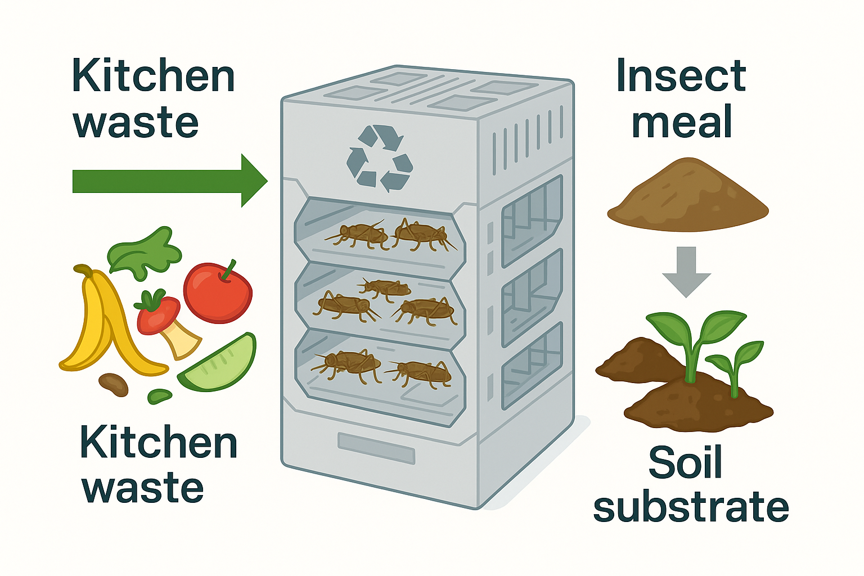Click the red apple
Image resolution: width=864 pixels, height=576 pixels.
(217, 294)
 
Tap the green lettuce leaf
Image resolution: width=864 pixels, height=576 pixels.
(145, 253)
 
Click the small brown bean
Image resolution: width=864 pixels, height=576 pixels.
(113, 384)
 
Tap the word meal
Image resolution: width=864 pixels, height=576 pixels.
(682, 122)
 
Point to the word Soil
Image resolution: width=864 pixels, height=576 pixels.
(685, 463)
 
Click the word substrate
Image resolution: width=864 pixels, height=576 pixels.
(691, 507)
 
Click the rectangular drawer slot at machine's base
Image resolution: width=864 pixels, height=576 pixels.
(376, 448)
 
